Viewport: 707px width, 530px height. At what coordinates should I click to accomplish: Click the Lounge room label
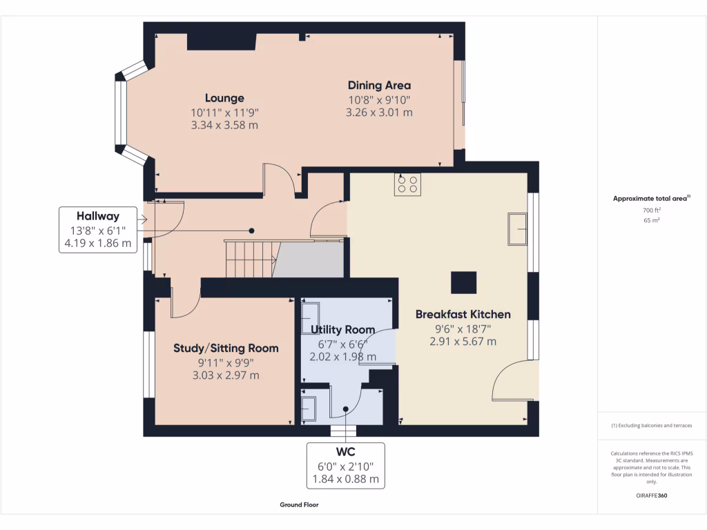click(224, 98)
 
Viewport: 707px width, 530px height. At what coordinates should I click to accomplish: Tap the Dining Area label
click(379, 86)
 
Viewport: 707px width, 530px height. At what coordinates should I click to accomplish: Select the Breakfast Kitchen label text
click(463, 314)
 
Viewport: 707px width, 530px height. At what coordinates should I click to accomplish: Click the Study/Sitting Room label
click(226, 348)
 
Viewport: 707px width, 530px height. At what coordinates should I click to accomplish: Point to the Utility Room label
click(342, 330)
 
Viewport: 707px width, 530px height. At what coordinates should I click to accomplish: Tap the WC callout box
click(345, 465)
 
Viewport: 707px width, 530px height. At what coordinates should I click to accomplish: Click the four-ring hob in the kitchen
click(407, 184)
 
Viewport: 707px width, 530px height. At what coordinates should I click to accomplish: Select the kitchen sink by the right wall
click(517, 229)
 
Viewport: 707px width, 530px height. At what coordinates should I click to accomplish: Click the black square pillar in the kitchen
click(463, 282)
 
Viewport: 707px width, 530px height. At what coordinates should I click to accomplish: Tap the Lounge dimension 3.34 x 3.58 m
click(224, 125)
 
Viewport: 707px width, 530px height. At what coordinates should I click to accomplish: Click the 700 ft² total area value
click(652, 210)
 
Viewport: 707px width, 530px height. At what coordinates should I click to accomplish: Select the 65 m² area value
click(652, 221)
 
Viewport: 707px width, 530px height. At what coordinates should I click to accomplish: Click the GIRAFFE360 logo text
click(652, 495)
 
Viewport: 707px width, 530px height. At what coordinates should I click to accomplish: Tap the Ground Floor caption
click(299, 504)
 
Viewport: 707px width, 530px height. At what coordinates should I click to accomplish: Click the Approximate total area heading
click(652, 198)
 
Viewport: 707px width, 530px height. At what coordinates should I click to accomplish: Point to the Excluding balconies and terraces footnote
click(652, 426)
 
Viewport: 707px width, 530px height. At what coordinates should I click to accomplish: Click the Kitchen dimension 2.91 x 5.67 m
click(463, 342)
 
